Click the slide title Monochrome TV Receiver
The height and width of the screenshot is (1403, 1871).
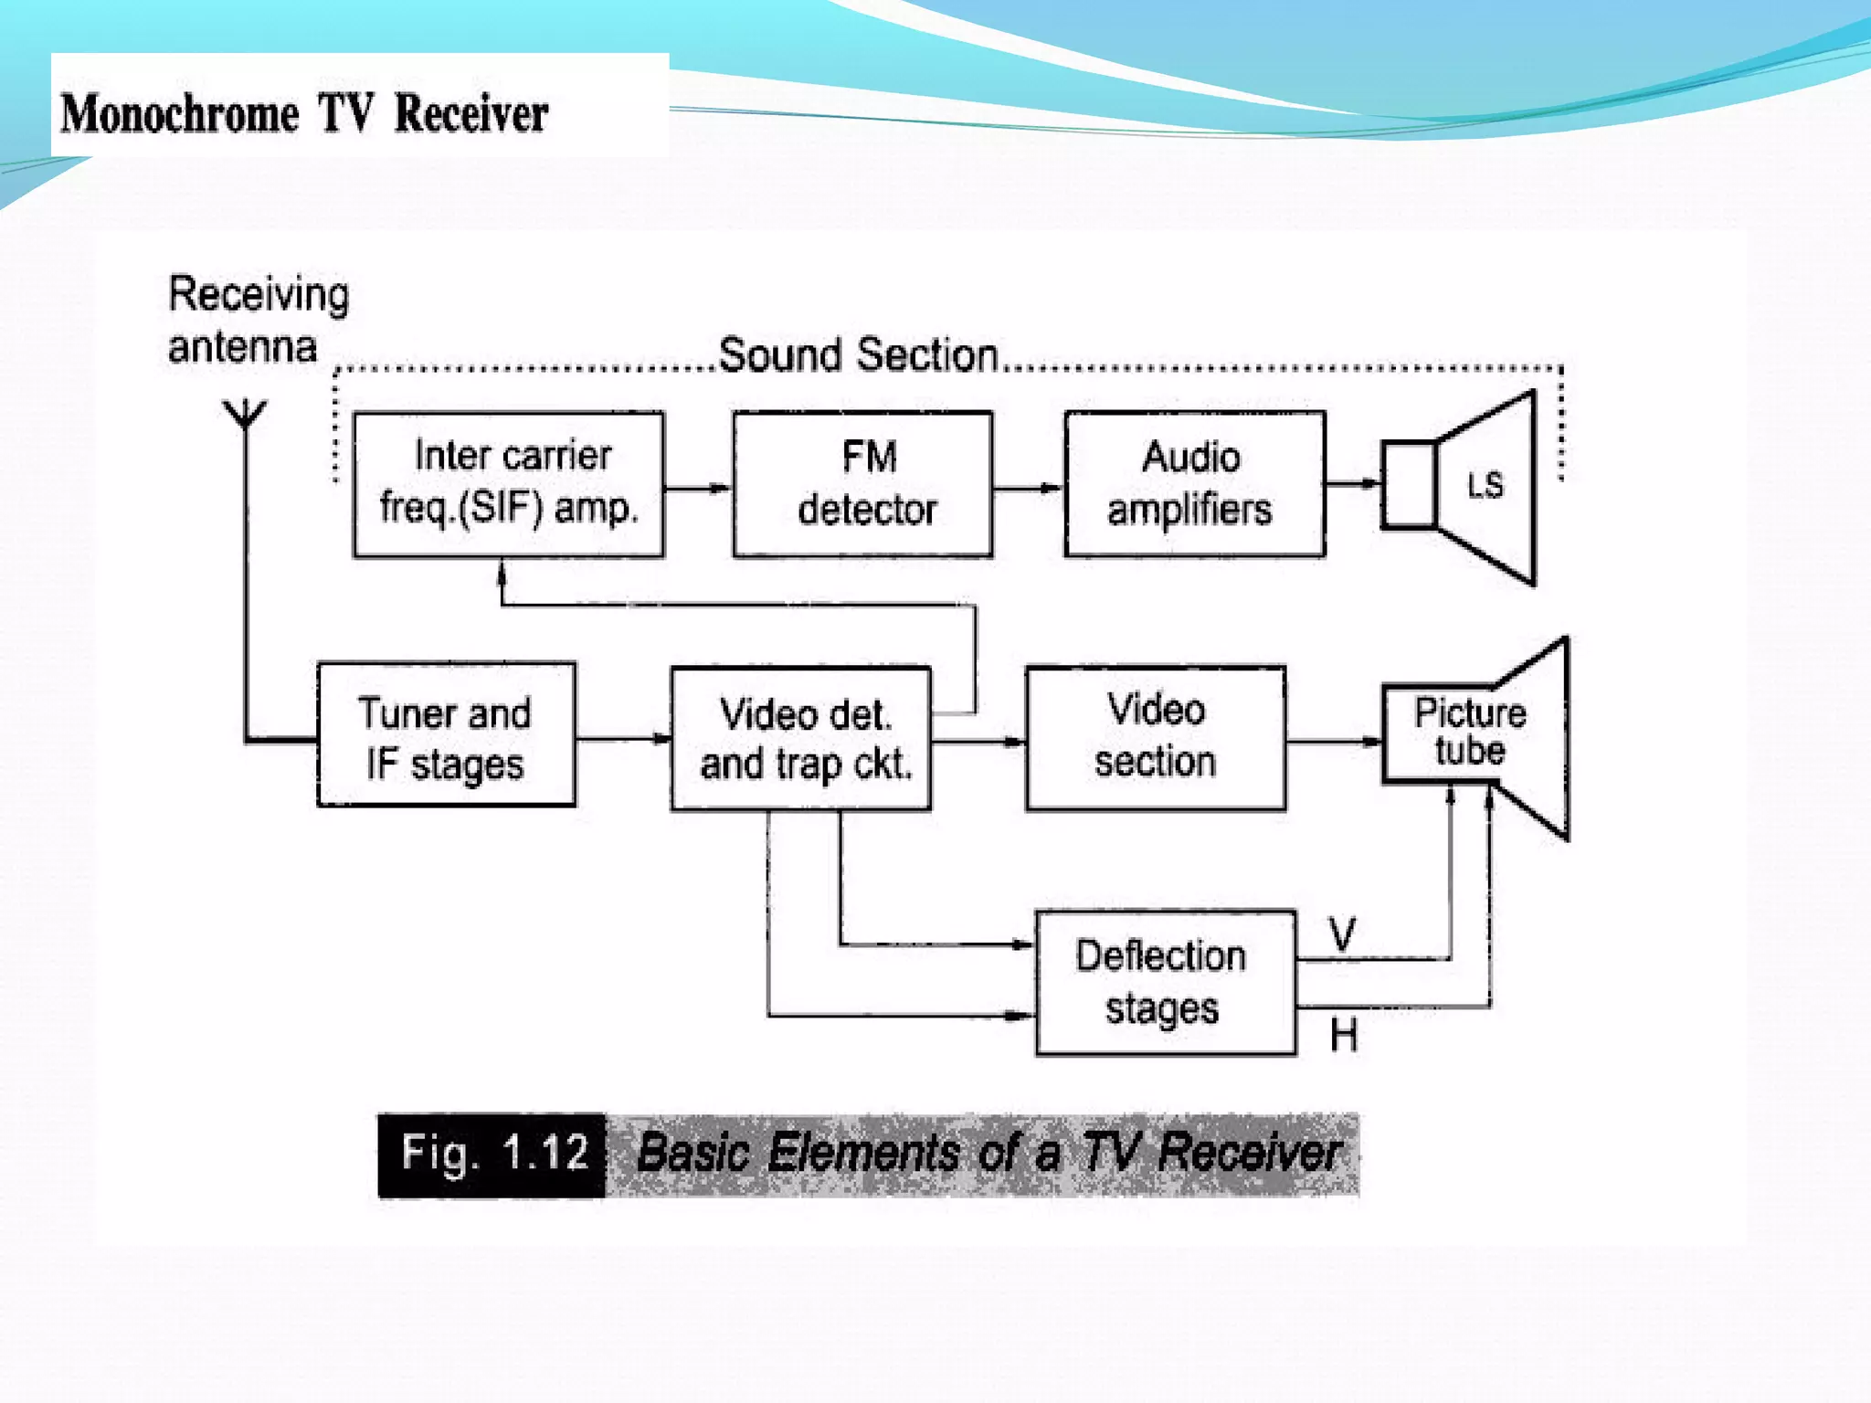[x=304, y=114]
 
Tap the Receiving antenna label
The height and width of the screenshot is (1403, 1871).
[x=258, y=320]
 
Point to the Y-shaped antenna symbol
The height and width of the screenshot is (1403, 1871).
[x=245, y=414]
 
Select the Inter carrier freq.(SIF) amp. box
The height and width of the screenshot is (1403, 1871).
[x=509, y=483]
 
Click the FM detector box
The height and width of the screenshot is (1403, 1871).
[x=863, y=483]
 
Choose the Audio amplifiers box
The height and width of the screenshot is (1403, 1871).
[x=1194, y=483]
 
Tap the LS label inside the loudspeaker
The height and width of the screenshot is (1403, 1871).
[x=1485, y=485]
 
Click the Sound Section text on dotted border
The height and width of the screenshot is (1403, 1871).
[x=858, y=354]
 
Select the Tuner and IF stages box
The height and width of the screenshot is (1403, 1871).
[x=446, y=735]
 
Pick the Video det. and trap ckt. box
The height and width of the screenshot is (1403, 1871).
[x=801, y=738]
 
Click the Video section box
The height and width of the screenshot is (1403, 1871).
[x=1156, y=737]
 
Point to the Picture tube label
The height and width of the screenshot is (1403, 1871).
[x=1469, y=732]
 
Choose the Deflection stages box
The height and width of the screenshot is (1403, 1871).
[x=1165, y=982]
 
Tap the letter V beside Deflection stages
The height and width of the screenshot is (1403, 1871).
[x=1342, y=934]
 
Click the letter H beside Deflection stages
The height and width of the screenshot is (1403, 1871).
[x=1343, y=1035]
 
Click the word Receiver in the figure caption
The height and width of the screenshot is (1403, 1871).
[x=1249, y=1153]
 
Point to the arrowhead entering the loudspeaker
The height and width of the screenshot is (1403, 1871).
[x=1370, y=483]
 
